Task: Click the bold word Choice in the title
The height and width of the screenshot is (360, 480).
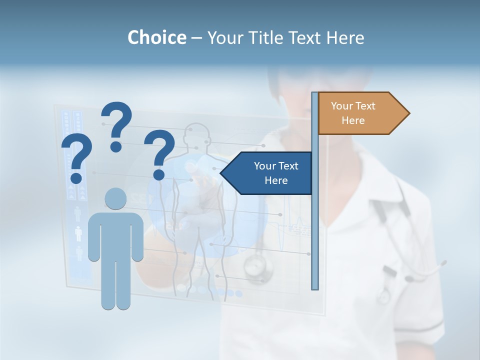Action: click(x=156, y=37)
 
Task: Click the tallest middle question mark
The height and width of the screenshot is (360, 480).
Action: click(x=117, y=122)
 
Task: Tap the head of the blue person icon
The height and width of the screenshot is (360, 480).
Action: click(x=115, y=198)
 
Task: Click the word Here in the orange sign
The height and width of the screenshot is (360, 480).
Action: click(x=353, y=120)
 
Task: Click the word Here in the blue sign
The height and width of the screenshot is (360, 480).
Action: click(x=276, y=180)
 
